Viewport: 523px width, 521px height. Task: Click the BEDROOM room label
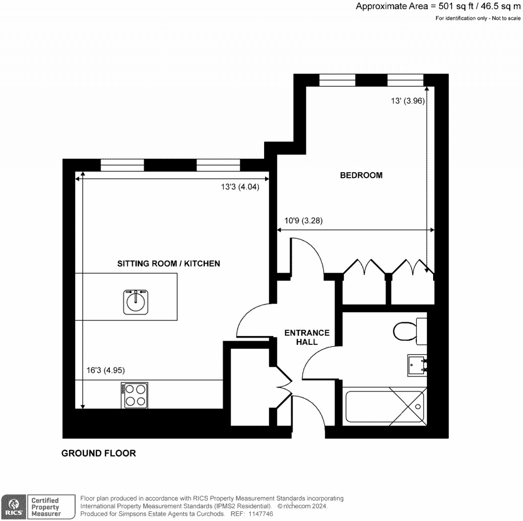[x=361, y=175]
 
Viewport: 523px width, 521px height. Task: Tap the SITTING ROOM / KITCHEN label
[x=169, y=264]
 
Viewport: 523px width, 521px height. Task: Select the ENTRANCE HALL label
[x=306, y=337]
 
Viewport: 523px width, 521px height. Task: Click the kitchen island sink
[x=135, y=301]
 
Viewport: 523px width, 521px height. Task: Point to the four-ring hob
[x=135, y=395]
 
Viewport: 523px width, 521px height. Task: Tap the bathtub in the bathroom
[x=385, y=407]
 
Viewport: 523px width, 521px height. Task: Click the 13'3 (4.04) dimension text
[x=240, y=187]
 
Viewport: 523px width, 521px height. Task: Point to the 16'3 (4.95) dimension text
[x=105, y=370]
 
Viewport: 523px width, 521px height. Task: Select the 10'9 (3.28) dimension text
[x=303, y=221]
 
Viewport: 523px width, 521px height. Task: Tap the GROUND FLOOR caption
[x=99, y=453]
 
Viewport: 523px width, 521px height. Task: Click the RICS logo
[x=13, y=506]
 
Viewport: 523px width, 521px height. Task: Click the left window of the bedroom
[x=337, y=80]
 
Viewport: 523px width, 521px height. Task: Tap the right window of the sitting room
[x=218, y=165]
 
